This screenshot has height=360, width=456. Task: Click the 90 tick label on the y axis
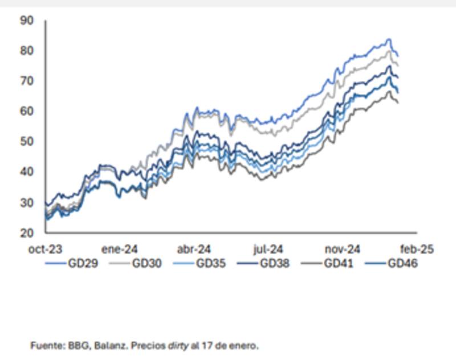point(27,21)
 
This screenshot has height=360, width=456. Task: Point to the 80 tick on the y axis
point(27,51)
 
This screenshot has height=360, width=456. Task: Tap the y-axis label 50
point(27,141)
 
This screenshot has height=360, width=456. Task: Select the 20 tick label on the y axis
point(27,232)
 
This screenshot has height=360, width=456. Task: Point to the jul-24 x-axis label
point(267,249)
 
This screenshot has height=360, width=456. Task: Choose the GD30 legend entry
point(145,263)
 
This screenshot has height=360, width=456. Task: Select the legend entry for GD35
point(209,263)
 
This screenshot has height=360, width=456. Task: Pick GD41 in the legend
point(337,263)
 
